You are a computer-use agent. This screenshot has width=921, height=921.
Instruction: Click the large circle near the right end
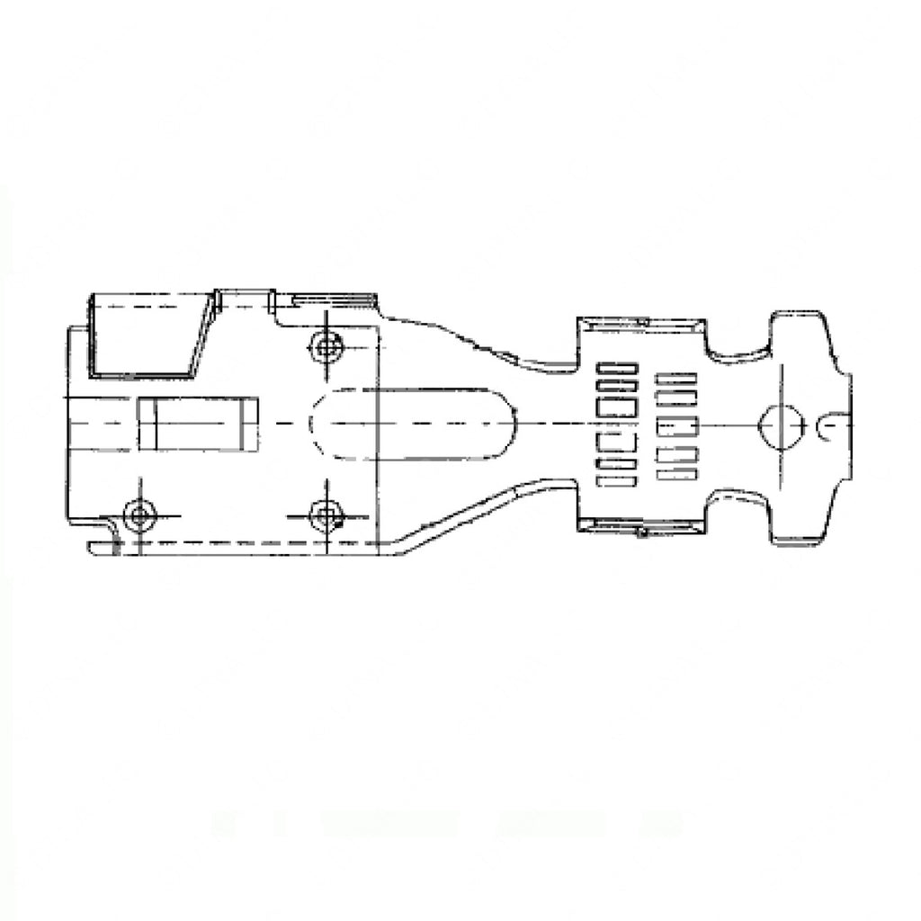(x=779, y=424)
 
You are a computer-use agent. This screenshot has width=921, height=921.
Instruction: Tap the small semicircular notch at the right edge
(x=830, y=426)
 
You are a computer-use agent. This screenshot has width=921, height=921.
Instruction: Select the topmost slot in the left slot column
(x=617, y=368)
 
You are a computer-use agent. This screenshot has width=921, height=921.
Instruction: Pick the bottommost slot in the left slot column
(x=617, y=481)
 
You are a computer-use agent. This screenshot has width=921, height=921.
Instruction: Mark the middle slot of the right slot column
(x=677, y=426)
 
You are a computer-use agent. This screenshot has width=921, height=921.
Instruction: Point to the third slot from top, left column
(x=617, y=407)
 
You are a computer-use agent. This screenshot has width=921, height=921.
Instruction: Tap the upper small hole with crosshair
(x=325, y=344)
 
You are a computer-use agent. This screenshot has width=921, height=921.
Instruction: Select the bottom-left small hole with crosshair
(x=139, y=515)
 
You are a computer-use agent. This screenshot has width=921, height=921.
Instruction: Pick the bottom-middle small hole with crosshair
(x=325, y=515)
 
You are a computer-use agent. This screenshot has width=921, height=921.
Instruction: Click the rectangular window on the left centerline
(x=198, y=424)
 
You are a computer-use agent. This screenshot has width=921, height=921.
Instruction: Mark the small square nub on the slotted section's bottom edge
(x=640, y=532)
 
